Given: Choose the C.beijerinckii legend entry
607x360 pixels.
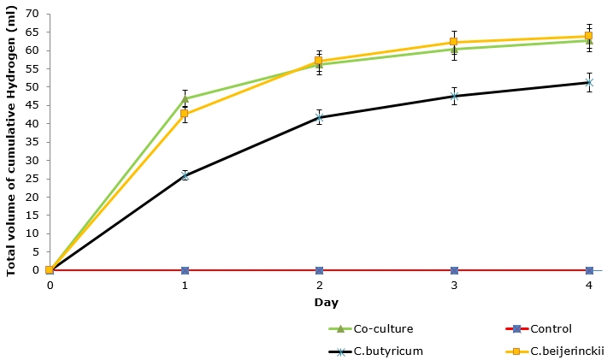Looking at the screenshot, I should click(x=557, y=351).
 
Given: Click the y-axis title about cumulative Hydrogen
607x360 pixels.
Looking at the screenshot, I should click(x=11, y=142).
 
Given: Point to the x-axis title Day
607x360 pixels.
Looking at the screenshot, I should click(x=319, y=302).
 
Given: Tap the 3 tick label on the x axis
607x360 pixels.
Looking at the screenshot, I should click(x=454, y=284).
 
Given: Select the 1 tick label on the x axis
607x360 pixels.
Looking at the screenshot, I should click(x=185, y=284).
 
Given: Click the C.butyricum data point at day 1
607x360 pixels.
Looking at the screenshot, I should click(x=185, y=175).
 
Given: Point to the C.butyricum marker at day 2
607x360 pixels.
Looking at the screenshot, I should click(x=319, y=117).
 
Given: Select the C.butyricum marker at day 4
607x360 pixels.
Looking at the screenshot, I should click(x=589, y=82).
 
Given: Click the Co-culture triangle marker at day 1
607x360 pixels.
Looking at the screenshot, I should click(x=185, y=98).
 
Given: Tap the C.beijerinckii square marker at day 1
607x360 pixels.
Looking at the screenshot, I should click(x=185, y=114).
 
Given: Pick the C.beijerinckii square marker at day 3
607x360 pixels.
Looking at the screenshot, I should click(x=454, y=42).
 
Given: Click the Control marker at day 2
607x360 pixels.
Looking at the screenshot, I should click(x=319, y=270).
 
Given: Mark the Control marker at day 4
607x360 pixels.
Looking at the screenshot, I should click(x=589, y=270).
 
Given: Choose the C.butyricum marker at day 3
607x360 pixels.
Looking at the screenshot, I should click(x=454, y=96).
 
